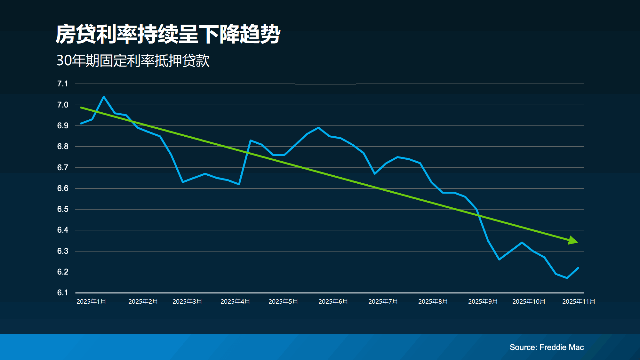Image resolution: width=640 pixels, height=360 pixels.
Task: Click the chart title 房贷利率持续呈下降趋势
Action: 168,34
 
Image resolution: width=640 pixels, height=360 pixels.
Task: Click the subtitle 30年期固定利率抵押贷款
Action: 133,60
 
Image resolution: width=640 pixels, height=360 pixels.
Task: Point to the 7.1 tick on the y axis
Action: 63,84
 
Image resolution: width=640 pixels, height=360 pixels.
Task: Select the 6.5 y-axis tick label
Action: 63,209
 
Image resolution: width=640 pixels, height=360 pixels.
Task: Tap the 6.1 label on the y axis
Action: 63,293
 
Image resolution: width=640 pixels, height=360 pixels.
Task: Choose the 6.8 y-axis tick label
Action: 63,147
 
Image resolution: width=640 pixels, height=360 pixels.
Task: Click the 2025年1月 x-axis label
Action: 91,302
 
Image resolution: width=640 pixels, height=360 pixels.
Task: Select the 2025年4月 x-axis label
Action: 235,302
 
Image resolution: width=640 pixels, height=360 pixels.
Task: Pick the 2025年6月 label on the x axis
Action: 333,302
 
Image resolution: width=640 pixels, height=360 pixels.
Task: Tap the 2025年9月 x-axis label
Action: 483,302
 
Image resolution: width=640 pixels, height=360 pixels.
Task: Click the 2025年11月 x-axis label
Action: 579,302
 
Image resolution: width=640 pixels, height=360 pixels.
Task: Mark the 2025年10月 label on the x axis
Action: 529,302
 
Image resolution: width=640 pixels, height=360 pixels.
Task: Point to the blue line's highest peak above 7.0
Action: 104,97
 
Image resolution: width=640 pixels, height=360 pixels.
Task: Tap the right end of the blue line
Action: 578,268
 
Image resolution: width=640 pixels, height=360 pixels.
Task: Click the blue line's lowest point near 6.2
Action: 567,278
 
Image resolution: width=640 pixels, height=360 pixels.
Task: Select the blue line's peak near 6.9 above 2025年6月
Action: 318,128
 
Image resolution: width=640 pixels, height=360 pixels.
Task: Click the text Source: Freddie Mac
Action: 547,347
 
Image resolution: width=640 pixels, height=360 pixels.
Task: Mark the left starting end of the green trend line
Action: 81,108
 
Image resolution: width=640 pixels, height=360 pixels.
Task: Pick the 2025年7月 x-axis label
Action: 383,302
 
